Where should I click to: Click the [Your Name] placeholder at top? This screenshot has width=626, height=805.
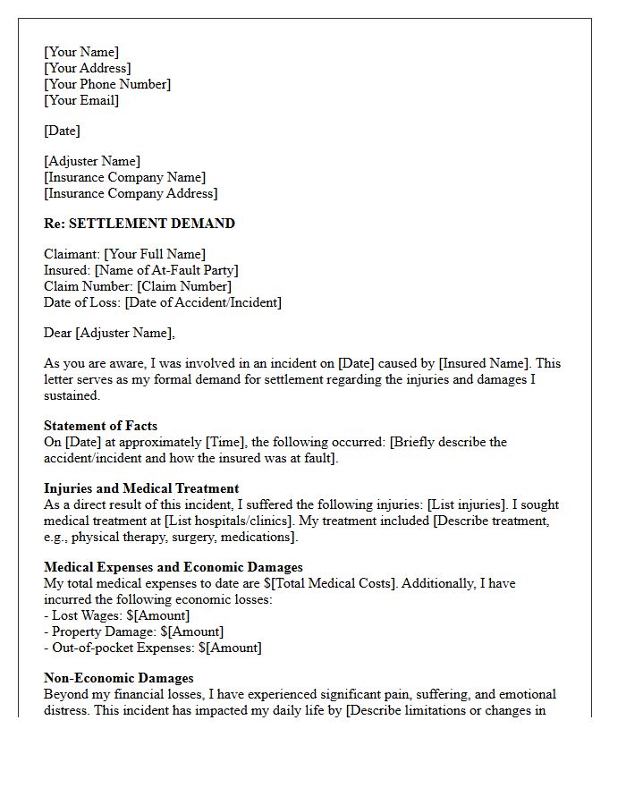pyautogui.click(x=81, y=52)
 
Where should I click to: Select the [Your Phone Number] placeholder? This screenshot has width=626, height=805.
pyautogui.click(x=107, y=84)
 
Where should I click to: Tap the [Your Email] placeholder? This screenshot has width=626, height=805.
pyautogui.click(x=81, y=100)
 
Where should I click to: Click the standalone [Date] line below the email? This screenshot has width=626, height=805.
pyautogui.click(x=62, y=131)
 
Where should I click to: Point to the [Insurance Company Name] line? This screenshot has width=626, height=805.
pyautogui.click(x=124, y=177)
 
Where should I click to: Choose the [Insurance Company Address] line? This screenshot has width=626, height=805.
pyautogui.click(x=131, y=193)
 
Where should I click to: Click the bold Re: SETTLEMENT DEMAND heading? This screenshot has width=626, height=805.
pyautogui.click(x=140, y=224)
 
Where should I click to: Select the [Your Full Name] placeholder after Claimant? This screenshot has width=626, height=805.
pyautogui.click(x=155, y=254)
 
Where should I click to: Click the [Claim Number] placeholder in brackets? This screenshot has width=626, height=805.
pyautogui.click(x=183, y=286)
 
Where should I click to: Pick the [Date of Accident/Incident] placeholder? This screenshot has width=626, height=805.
pyautogui.click(x=203, y=302)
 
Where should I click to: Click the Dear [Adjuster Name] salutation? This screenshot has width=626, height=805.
pyautogui.click(x=109, y=333)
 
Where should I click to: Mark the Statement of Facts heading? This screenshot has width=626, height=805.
pyautogui.click(x=100, y=426)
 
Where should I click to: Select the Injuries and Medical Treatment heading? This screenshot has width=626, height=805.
pyautogui.click(x=141, y=488)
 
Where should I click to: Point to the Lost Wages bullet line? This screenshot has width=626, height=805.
pyautogui.click(x=116, y=615)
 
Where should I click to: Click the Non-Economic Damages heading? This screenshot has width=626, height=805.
pyautogui.click(x=119, y=678)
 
